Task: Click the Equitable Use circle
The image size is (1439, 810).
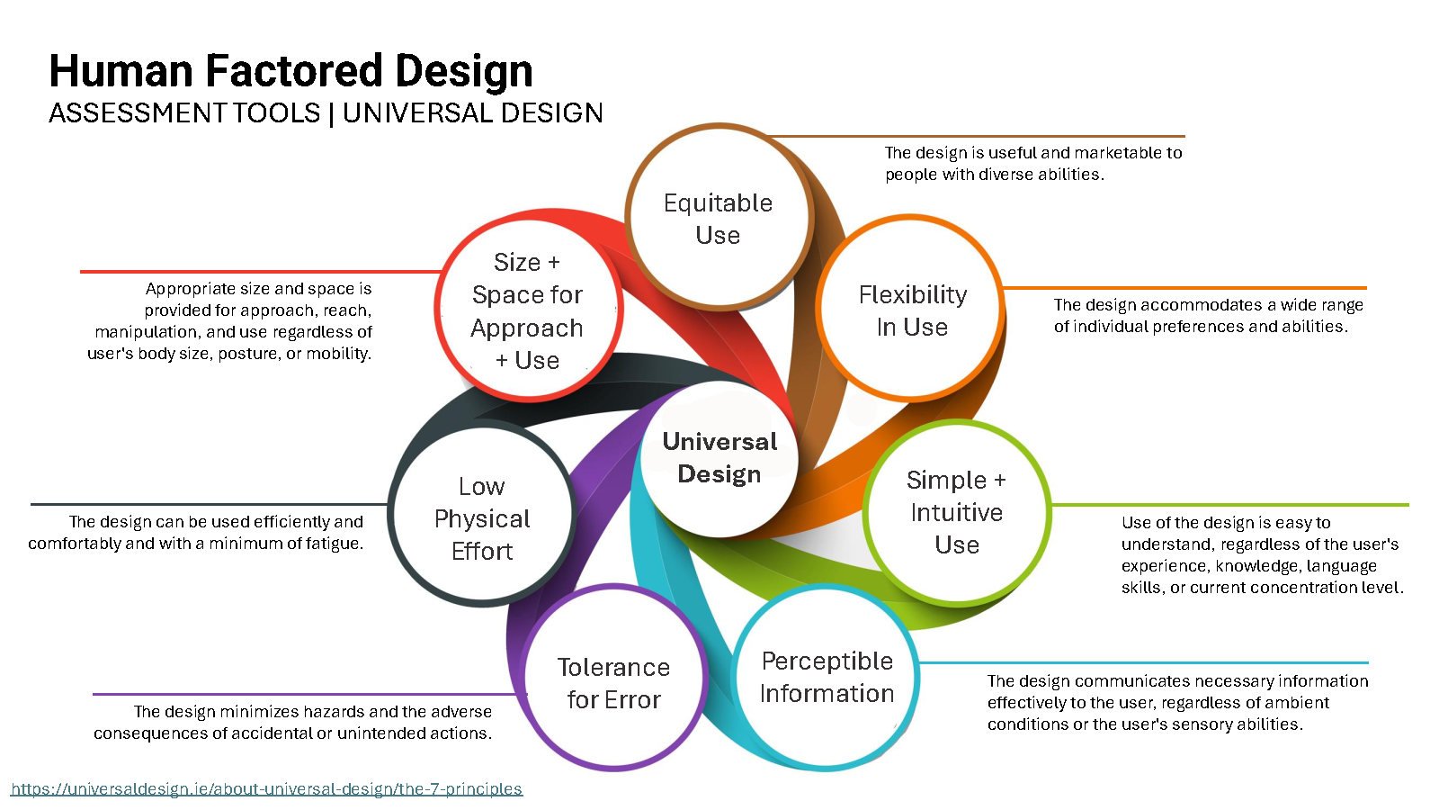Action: click(718, 219)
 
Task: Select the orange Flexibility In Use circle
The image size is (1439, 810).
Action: click(912, 310)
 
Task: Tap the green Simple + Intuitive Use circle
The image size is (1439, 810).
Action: click(956, 512)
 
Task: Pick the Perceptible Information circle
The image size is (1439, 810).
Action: click(827, 677)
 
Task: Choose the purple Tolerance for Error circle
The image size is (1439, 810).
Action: click(613, 683)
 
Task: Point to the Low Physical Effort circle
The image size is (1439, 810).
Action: click(482, 518)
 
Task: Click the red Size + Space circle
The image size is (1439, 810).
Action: click(527, 310)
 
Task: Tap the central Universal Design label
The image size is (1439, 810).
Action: click(719, 457)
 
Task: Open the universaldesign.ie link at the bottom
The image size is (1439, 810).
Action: click(266, 789)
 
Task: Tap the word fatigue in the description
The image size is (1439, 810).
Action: click(329, 544)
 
